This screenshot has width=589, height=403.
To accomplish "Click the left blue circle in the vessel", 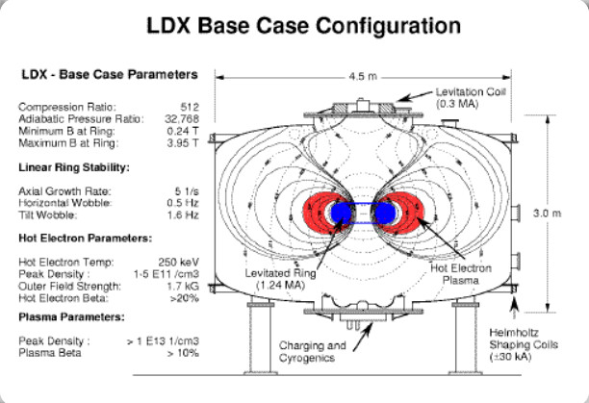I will pyautogui.click(x=342, y=212).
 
